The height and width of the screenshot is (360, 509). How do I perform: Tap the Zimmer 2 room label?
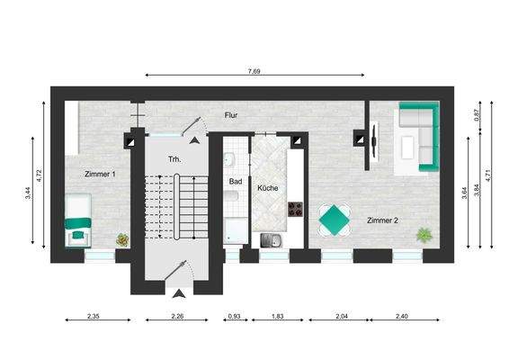coord(384,220)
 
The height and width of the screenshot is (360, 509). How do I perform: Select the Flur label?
coord(232,116)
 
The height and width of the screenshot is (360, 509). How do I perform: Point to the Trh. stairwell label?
coord(174,158)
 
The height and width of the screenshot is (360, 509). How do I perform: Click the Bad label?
coord(236,181)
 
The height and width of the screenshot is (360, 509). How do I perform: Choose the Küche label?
coord(267,188)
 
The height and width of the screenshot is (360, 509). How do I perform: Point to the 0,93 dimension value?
coord(234,318)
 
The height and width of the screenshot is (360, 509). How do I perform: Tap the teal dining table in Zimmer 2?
coord(335,219)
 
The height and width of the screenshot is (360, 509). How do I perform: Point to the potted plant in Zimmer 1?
coord(122,239)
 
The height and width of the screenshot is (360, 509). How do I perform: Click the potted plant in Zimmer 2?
coord(422,235)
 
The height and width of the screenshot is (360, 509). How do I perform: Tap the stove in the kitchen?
coord(294,212)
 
